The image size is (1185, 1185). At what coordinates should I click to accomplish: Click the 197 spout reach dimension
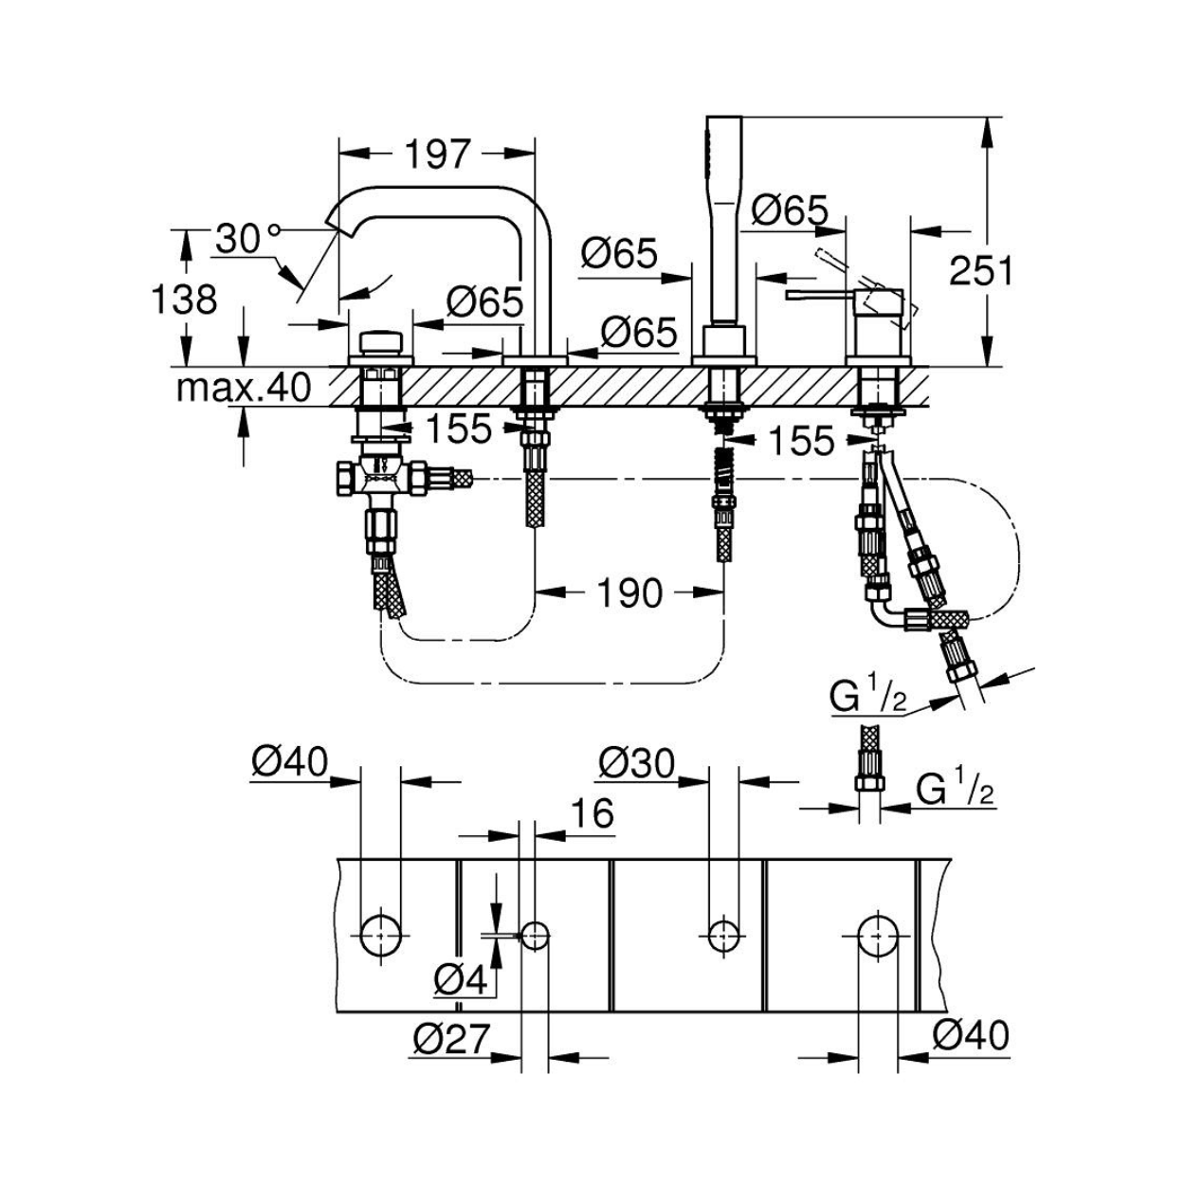click(x=437, y=155)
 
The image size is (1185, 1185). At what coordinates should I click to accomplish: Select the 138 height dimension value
click(x=185, y=300)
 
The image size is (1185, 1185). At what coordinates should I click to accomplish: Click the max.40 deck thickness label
click(x=245, y=388)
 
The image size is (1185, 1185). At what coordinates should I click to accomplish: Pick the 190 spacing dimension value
click(x=630, y=592)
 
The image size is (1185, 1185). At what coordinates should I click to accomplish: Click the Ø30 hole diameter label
click(x=637, y=764)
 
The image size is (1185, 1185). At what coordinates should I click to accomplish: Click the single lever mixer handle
click(x=824, y=296)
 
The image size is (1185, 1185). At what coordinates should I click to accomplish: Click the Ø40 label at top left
click(x=290, y=764)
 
